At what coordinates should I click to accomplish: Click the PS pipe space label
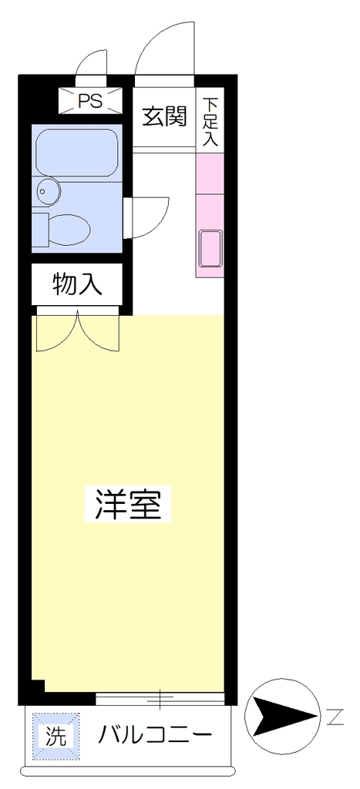[91, 101]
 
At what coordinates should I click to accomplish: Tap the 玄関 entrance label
[164, 116]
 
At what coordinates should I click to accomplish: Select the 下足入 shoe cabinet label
[210, 123]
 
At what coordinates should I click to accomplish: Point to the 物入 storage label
[78, 284]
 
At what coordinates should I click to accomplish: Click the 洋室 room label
[128, 504]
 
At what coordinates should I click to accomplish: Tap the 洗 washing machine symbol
[56, 737]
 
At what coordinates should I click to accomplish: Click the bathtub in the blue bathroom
[78, 153]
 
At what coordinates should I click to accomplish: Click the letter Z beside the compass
[335, 717]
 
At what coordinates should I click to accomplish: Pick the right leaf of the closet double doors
[99, 332]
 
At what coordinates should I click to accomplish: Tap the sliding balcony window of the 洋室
[160, 698]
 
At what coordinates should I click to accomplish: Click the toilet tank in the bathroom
[40, 230]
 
